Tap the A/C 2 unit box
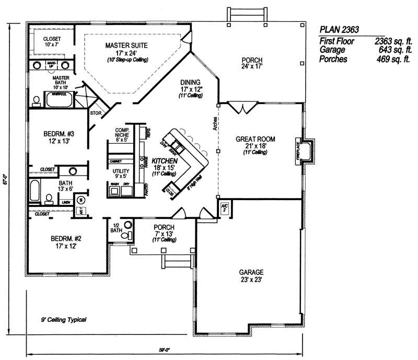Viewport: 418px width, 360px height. tap(225, 207)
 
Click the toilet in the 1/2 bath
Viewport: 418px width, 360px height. tap(124, 236)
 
